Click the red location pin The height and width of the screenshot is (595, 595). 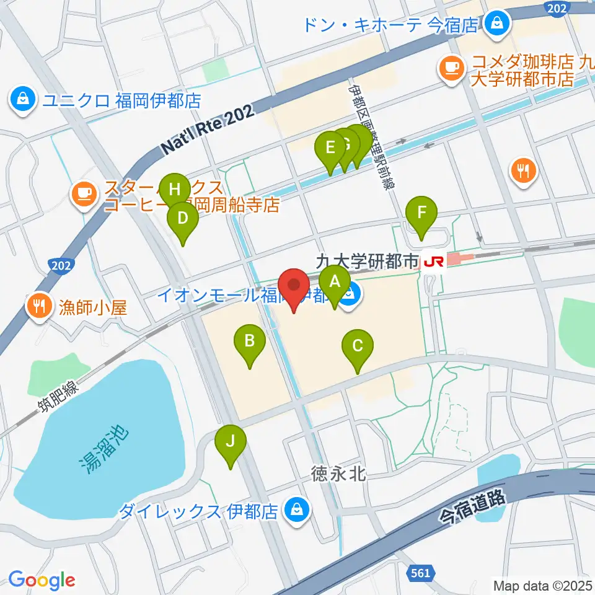point(294,286)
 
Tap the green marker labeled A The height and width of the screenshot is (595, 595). point(335,282)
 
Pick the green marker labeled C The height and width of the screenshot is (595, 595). point(358,346)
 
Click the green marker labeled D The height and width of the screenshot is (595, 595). point(183,218)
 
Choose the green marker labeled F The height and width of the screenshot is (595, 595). point(421,213)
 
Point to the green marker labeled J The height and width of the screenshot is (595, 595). point(231,442)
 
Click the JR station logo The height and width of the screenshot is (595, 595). point(433,263)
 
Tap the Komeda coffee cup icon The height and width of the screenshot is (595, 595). point(451,66)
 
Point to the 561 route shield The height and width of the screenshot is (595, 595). point(420,573)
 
